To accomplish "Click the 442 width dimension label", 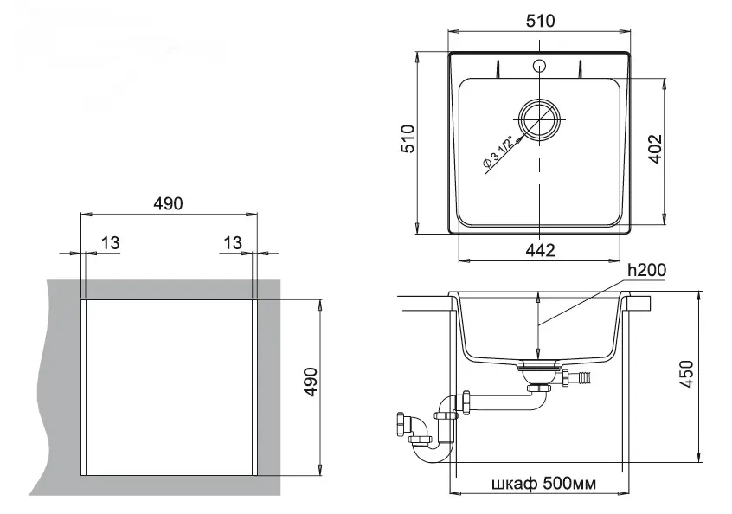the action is (540, 250).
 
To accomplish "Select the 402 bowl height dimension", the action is (656, 149).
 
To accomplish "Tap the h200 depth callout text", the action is (646, 270).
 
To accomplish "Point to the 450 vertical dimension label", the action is (686, 374).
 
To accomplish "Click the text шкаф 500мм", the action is (544, 483).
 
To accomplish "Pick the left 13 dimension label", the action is (110, 243).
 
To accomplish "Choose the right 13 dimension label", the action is (233, 243).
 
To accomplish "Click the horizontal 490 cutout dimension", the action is (168, 203).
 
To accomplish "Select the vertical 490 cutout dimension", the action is (311, 382).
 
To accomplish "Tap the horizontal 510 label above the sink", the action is (540, 21).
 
